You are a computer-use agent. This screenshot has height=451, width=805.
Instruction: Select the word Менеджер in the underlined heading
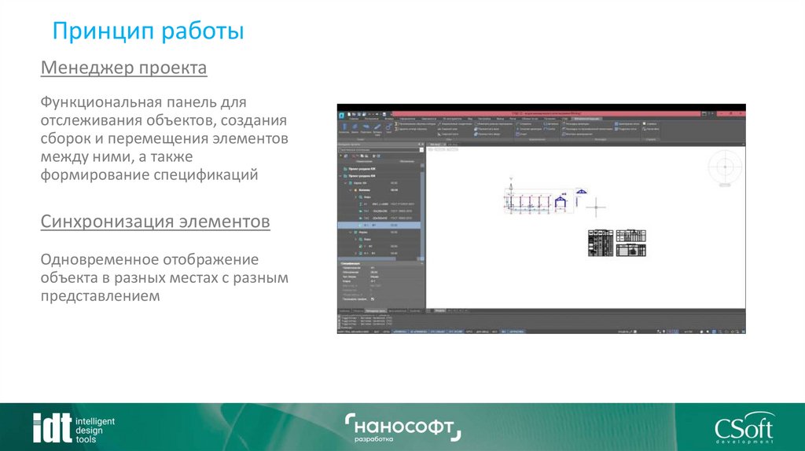[x=86, y=68]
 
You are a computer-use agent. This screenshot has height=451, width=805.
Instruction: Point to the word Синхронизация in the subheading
[x=106, y=222]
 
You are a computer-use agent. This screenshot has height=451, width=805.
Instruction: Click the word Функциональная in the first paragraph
[x=101, y=103]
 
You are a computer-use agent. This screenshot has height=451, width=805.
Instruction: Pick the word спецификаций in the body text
[x=210, y=174]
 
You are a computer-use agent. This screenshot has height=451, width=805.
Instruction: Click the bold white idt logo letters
[x=51, y=427]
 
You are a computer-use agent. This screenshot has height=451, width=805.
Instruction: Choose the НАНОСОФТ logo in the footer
[x=402, y=427]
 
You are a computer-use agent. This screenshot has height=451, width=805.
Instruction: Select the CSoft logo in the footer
[x=743, y=429]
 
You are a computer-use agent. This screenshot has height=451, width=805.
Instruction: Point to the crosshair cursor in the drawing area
[x=597, y=207]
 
